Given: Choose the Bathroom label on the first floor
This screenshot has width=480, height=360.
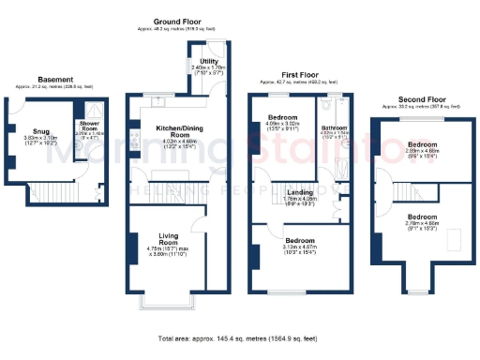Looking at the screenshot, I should [x=335, y=127].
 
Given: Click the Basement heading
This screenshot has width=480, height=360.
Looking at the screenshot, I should [x=55, y=80].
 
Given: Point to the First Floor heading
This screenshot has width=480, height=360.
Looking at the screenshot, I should [x=302, y=73].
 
